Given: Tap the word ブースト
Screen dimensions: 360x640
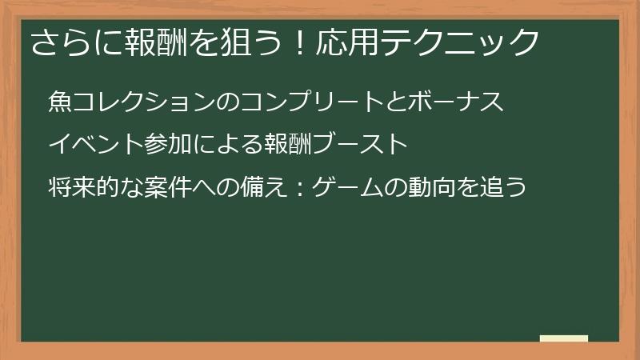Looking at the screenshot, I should click(362, 145).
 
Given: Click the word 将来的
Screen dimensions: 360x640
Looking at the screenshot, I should click(85, 188).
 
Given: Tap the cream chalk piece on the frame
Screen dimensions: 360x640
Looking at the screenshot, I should click(564, 338).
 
